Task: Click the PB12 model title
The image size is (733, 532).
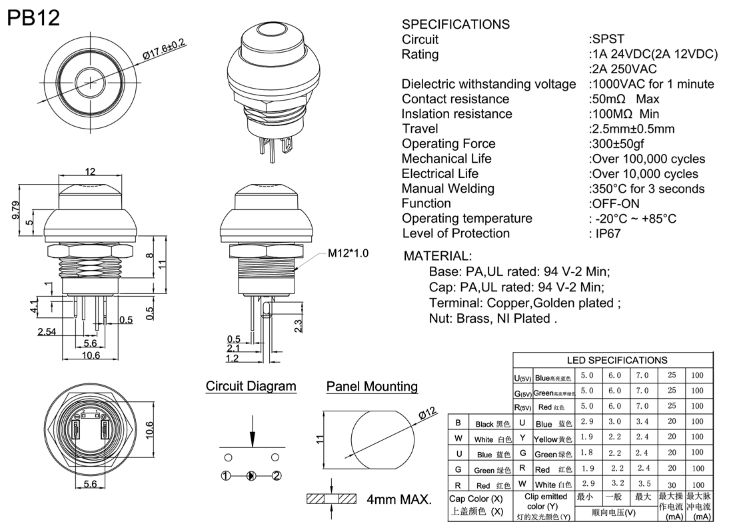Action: [33, 18]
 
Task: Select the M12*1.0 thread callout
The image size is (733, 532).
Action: [348, 254]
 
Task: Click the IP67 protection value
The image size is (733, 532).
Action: [606, 233]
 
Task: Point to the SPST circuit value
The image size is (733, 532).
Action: [608, 39]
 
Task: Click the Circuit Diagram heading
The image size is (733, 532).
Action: [251, 386]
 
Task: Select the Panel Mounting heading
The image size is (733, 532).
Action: [372, 387]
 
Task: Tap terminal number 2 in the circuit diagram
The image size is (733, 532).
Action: [277, 475]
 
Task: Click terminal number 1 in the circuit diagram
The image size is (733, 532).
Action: [227, 475]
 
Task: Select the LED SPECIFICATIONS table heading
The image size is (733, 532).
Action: [617, 360]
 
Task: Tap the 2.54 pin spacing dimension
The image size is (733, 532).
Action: [47, 332]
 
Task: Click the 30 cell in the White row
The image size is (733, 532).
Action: [672, 484]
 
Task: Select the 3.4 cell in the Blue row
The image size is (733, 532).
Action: [642, 423]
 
